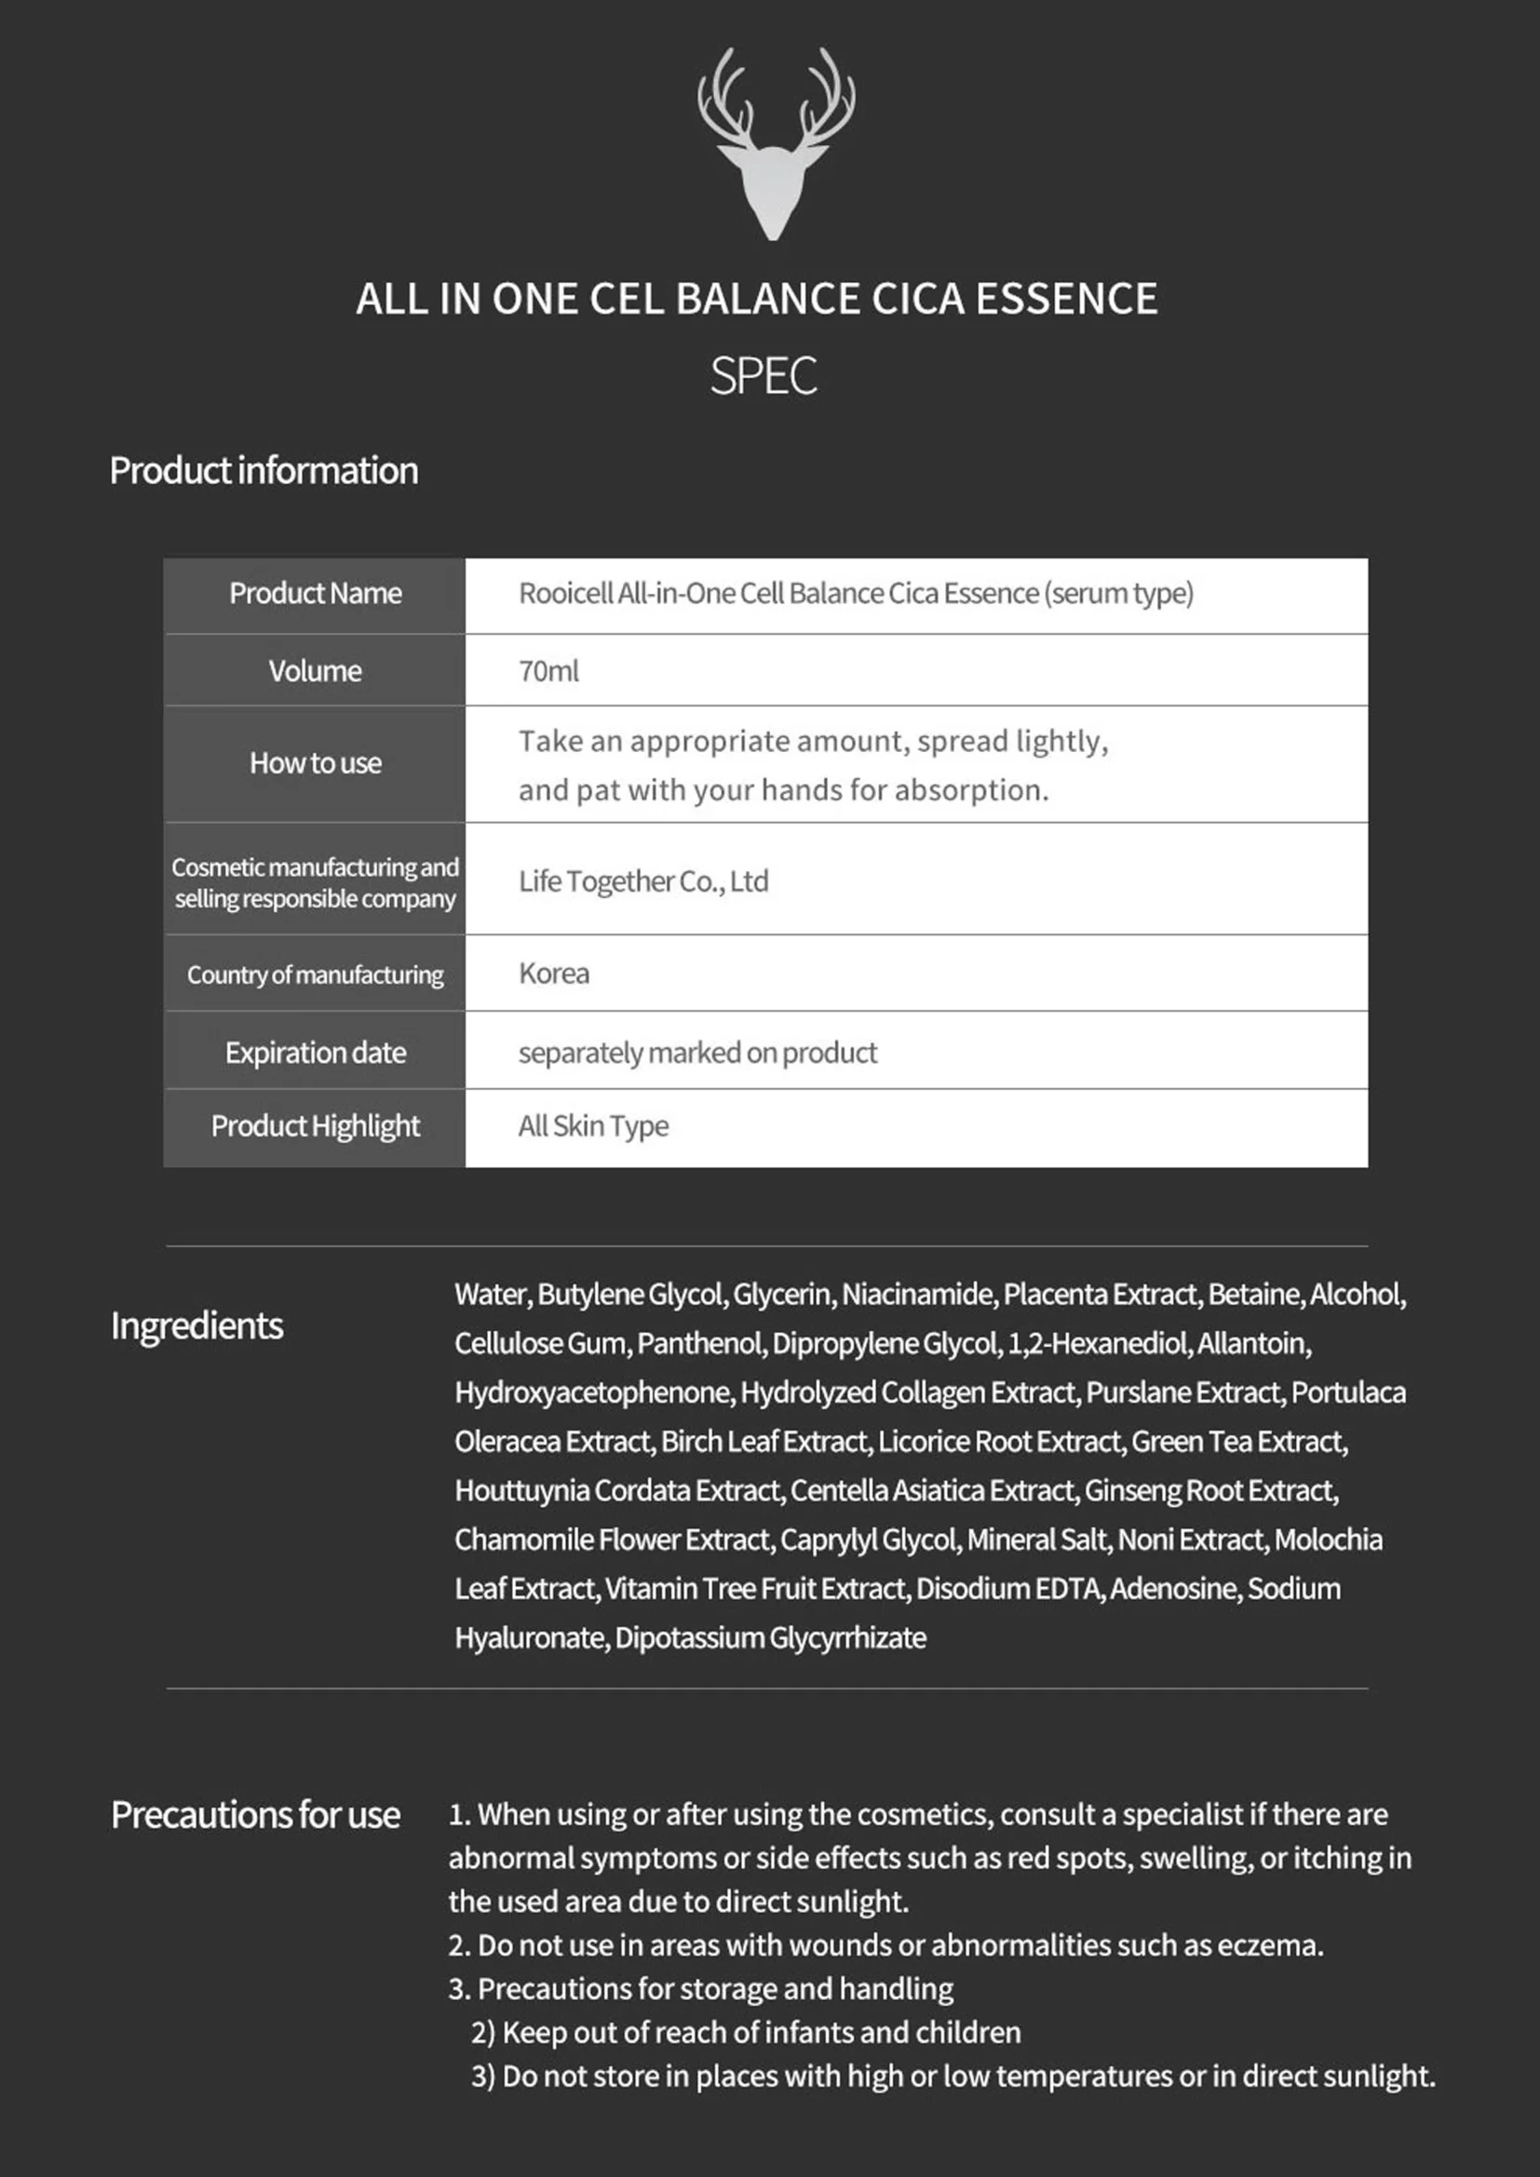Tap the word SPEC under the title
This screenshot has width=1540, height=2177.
point(763,376)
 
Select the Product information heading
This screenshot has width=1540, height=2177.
point(263,470)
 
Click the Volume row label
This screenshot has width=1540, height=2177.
point(315,670)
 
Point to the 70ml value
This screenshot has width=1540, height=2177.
point(548,670)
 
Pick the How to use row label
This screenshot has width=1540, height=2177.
point(315,763)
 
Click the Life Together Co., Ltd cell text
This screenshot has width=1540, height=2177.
point(643,880)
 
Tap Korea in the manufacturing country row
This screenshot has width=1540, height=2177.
point(554,974)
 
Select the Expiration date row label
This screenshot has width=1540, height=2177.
point(315,1053)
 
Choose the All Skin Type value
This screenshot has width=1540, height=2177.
point(593,1126)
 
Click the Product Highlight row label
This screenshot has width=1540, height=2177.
point(315,1126)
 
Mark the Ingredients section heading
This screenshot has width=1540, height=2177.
point(196,1325)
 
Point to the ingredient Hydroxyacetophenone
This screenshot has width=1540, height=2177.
point(593,1393)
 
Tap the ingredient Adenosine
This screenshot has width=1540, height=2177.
point(1174,1589)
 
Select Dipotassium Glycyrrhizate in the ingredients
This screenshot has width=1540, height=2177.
point(770,1638)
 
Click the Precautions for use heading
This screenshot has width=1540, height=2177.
point(255,1815)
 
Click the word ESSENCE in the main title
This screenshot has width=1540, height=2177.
point(1066,299)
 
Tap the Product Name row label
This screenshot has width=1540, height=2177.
point(315,594)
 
